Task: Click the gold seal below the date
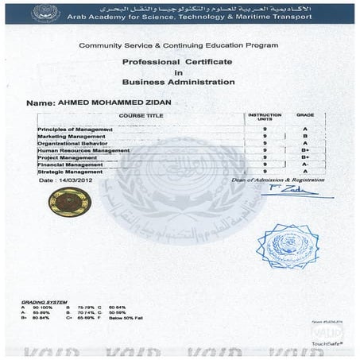tap(69, 202)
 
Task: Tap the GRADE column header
tap(305, 115)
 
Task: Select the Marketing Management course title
tap(72, 136)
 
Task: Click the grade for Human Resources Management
tap(305, 150)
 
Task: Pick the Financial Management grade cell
tap(305, 165)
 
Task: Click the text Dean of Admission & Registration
tap(278, 180)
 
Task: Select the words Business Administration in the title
tap(178, 82)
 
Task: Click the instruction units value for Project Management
tap(264, 157)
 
